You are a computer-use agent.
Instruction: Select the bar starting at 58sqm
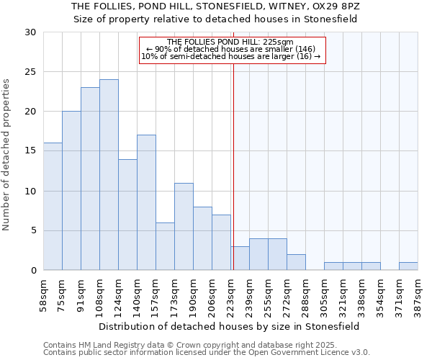point(53,207)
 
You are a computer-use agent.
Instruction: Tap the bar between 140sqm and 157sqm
point(146,202)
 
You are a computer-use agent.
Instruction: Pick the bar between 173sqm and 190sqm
point(184,227)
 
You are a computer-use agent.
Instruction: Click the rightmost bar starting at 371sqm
point(408,266)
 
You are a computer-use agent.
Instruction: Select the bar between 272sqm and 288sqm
point(296,262)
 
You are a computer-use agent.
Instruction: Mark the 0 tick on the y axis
point(33,271)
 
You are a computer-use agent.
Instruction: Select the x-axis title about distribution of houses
point(230,326)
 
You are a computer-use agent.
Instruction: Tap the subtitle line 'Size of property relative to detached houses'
point(216,19)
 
